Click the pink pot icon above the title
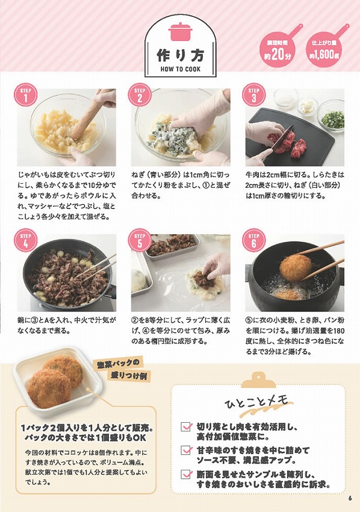point(179,30)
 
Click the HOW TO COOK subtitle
point(179,69)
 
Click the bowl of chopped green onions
point(332,118)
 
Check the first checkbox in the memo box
point(187,427)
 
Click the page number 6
point(349,498)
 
